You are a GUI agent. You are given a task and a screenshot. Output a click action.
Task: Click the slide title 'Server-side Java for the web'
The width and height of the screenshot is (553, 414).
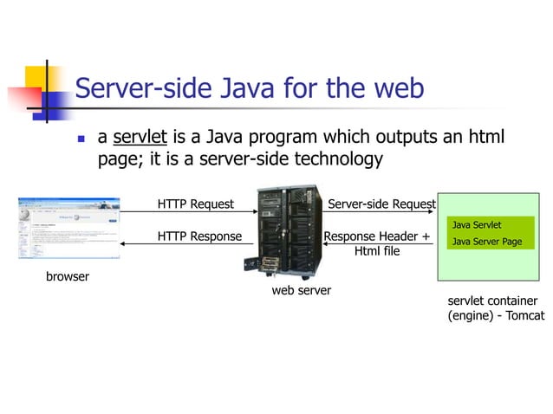(x=250, y=88)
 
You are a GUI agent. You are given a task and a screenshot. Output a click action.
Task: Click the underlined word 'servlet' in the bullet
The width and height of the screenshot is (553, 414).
(x=140, y=138)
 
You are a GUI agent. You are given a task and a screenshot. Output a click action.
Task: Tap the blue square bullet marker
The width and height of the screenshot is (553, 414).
(x=81, y=139)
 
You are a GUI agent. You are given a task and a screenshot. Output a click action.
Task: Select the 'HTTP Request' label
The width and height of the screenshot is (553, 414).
(x=195, y=204)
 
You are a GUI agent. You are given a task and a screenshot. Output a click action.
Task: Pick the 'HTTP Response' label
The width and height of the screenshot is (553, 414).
(x=199, y=236)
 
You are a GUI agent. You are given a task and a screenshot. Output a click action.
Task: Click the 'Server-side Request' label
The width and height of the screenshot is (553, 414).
(x=381, y=204)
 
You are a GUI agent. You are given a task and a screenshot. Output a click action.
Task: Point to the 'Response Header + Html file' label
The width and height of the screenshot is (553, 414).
(x=377, y=243)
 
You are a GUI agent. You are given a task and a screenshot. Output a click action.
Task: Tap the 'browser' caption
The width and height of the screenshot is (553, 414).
(x=68, y=278)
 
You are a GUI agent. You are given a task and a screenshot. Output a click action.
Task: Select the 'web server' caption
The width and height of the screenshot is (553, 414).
(x=302, y=291)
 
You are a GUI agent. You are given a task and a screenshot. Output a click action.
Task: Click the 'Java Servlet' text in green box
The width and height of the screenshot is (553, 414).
(x=477, y=225)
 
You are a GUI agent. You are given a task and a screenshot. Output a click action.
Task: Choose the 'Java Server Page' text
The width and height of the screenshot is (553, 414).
(x=486, y=241)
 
